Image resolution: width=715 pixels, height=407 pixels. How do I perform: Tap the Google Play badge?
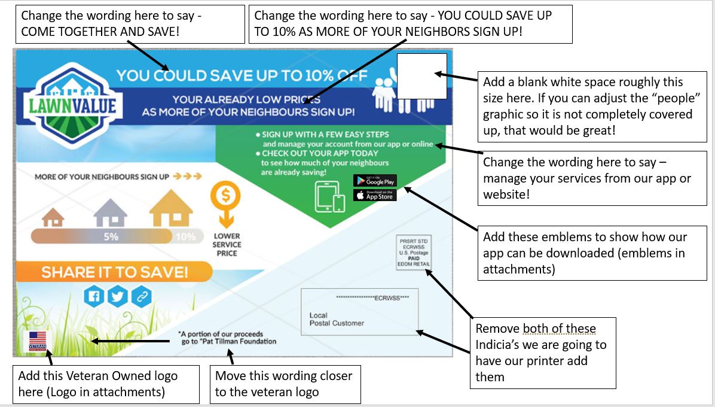tap(375, 180)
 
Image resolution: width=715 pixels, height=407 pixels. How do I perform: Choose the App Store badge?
tap(375, 195)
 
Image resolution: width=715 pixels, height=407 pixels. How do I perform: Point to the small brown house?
tap(53, 217)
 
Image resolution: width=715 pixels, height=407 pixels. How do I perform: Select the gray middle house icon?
tap(111, 213)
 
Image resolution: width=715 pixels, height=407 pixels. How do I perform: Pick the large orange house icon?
tap(171, 209)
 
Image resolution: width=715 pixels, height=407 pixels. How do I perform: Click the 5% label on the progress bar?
tap(111, 236)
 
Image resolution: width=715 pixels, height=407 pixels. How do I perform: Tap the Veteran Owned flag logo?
tap(38, 341)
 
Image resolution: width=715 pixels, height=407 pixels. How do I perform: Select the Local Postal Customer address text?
tap(337, 319)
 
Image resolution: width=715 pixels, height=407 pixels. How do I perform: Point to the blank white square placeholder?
tap(423, 76)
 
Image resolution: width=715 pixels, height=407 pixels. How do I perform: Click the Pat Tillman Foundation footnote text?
tap(228, 338)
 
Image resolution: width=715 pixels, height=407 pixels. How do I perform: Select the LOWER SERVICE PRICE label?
tap(227, 245)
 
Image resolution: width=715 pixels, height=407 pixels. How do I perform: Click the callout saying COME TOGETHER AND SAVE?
tap(129, 24)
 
